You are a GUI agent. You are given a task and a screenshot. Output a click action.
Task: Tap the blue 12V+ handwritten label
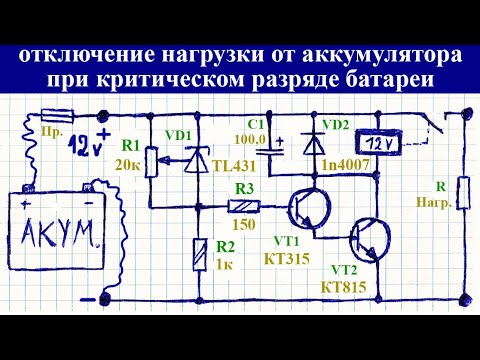click(93, 152)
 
